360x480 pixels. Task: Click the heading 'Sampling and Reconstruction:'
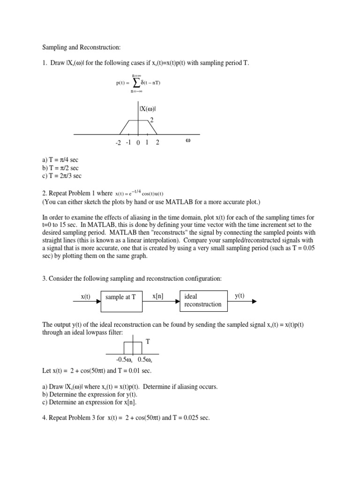click(x=82, y=47)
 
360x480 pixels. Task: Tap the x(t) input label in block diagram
click(x=85, y=296)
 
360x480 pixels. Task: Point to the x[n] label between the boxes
click(x=158, y=296)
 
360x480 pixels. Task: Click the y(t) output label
click(x=240, y=296)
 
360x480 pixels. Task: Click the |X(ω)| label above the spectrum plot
click(x=147, y=109)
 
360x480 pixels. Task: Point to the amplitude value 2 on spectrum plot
click(x=151, y=120)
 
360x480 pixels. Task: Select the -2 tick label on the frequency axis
click(x=118, y=142)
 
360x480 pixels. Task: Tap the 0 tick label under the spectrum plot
click(x=138, y=142)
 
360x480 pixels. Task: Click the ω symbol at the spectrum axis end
click(x=188, y=141)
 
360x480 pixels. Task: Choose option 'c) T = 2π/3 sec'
click(x=62, y=176)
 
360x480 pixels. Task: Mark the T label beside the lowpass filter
click(x=148, y=342)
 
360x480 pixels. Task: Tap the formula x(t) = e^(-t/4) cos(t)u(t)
click(x=140, y=193)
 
